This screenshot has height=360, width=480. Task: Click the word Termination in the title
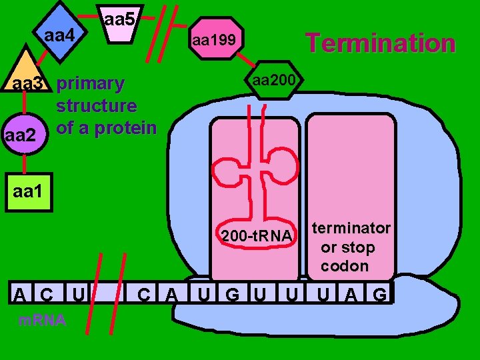point(380,43)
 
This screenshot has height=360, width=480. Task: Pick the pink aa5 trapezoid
point(120,27)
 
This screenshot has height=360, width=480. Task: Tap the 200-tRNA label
point(257,237)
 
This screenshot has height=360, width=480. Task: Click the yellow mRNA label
point(41,321)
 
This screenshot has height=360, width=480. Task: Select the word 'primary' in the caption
point(91,84)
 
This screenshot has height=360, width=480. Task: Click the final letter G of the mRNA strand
point(379,293)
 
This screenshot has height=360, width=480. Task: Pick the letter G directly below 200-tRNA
point(232,293)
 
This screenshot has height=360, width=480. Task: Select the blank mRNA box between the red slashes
point(107,293)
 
